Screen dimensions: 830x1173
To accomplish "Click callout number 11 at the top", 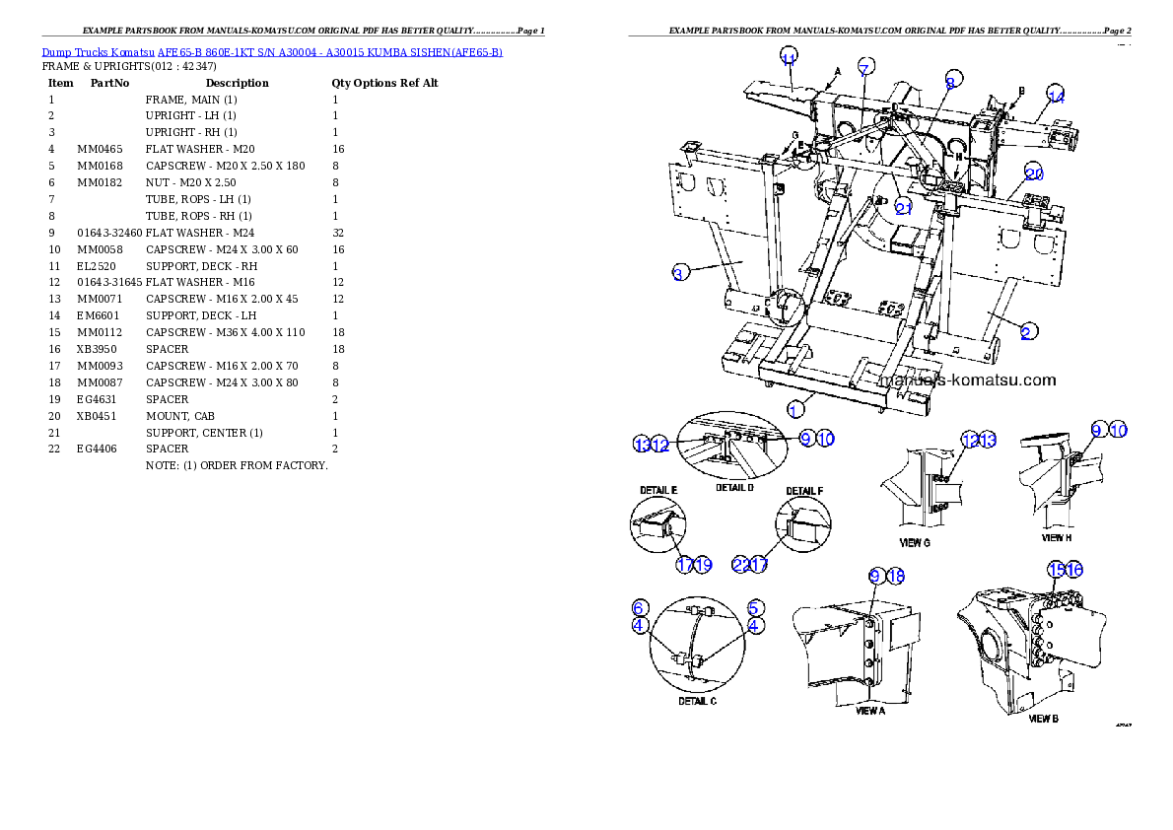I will pos(789,57).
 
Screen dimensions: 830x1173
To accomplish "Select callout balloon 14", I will pos(1056,96).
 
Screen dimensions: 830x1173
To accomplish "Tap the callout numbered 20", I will pos(1033,173).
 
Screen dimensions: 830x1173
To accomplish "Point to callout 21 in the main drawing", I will pos(905,206).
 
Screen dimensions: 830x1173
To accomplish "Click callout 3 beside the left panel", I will pos(678,274).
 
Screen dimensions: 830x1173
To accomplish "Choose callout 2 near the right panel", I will pos(1026,332).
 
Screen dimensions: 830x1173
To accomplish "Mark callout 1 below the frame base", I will pos(795,406).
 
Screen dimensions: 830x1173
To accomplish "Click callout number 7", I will pos(864,68).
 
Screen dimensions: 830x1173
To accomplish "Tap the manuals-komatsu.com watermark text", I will pos(966,380).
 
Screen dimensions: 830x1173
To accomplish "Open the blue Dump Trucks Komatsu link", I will pos(272,51).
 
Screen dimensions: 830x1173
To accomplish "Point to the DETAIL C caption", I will pos(697,701).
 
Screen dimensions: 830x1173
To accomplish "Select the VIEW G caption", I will pos(915,542).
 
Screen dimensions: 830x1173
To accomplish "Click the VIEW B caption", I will pos(1043,719).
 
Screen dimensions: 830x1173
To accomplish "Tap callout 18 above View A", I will pos(895,576).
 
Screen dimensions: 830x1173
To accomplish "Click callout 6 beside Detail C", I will pos(640,607).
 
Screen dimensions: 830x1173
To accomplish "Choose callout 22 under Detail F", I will pos(740,565).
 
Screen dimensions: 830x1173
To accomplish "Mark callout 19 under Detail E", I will pos(703,565).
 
